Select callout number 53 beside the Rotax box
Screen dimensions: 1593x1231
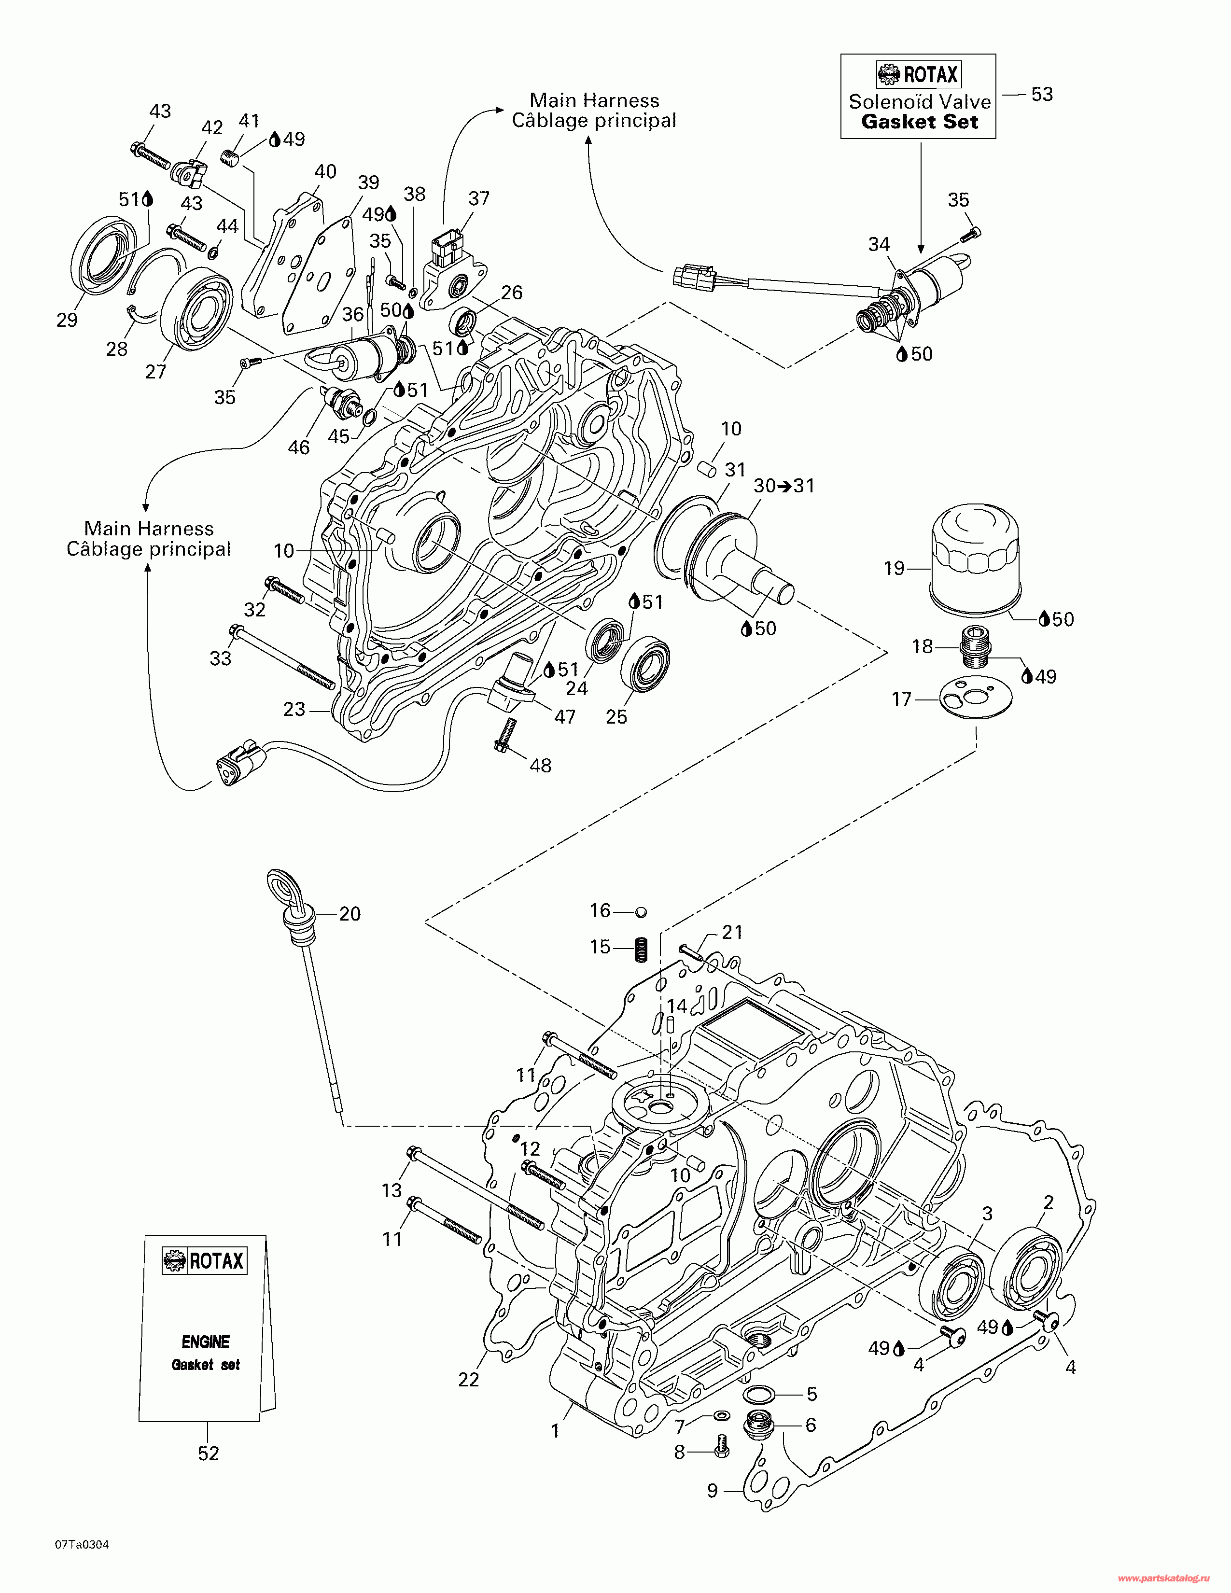click(1041, 94)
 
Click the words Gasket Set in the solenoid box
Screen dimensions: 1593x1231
click(919, 122)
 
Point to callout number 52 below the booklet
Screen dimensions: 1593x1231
click(209, 1453)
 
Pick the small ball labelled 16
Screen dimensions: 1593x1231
click(641, 912)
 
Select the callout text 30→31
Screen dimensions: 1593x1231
click(783, 486)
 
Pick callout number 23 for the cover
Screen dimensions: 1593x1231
click(294, 709)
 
